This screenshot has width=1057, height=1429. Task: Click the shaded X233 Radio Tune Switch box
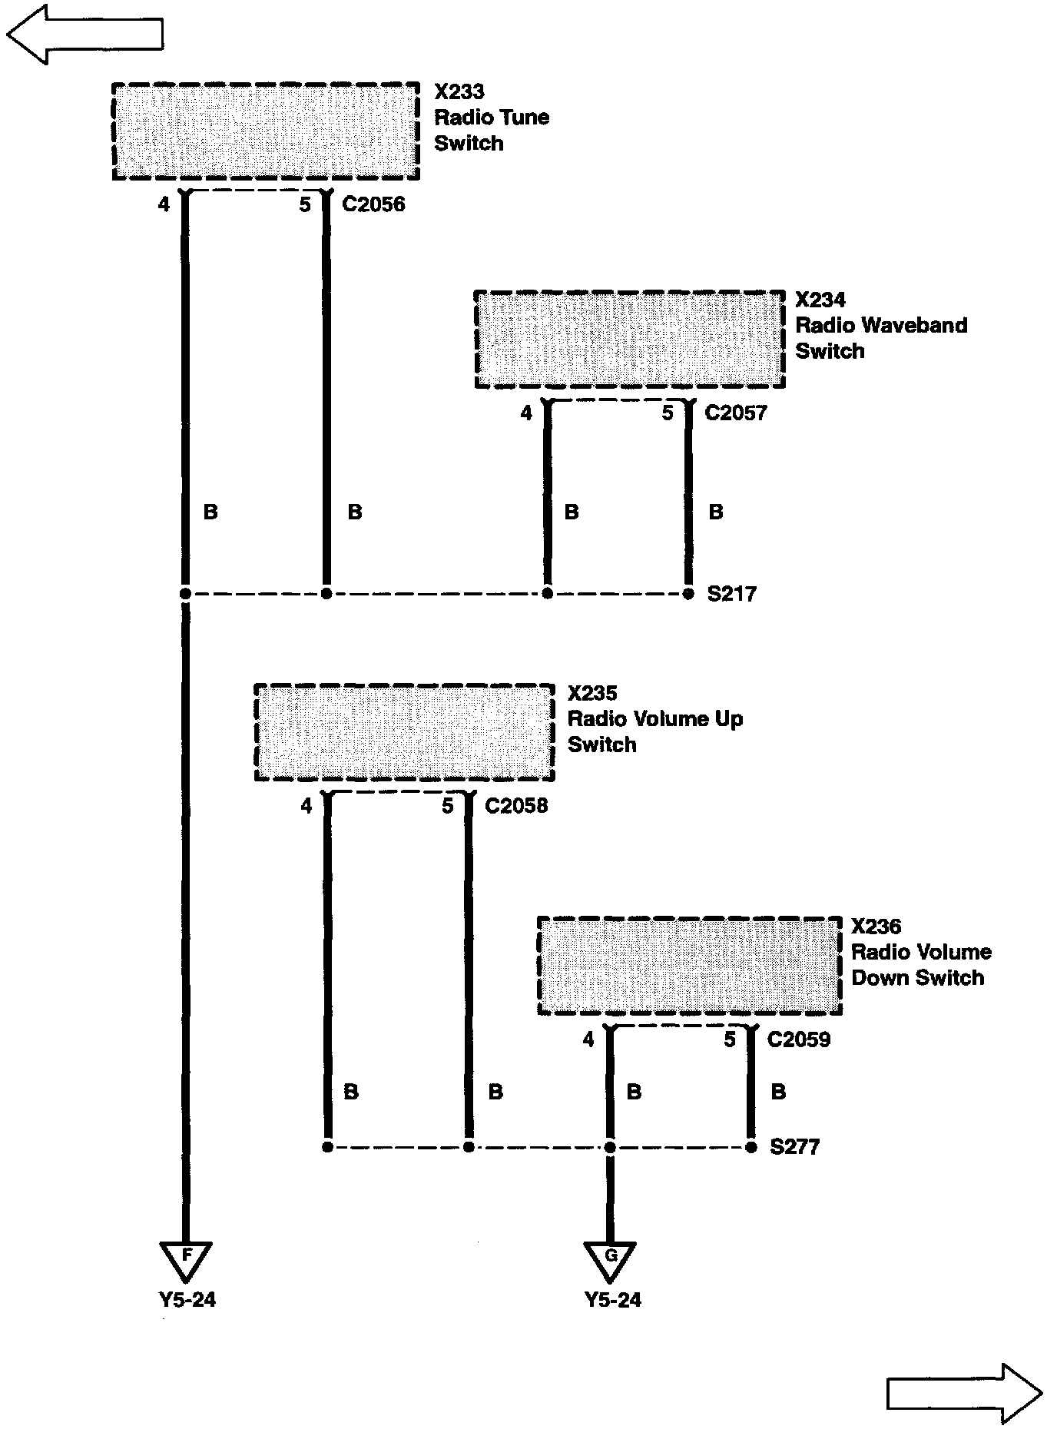point(266,131)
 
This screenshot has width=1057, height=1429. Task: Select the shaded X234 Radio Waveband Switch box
point(629,340)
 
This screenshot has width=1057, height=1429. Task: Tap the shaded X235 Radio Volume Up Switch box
point(404,732)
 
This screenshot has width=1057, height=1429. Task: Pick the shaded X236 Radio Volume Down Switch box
point(690,966)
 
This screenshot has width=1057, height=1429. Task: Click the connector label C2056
point(373,204)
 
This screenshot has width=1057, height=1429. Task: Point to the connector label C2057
point(735,413)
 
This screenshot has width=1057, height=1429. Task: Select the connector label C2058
point(516,806)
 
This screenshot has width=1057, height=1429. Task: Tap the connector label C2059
point(798,1040)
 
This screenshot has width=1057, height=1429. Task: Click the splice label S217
point(731,594)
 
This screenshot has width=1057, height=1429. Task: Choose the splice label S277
point(794,1147)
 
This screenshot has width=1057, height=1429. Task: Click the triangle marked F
point(186,1258)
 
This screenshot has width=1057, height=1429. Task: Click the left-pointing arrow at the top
point(84,34)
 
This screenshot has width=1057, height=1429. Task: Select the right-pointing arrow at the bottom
point(964,1393)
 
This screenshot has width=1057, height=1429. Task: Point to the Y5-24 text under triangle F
point(187,1300)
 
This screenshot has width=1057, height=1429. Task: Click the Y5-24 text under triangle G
point(612,1300)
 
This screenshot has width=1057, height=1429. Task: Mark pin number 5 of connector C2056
point(305,205)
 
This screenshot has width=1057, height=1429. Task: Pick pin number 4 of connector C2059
point(588,1040)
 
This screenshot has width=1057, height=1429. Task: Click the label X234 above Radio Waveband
point(820,300)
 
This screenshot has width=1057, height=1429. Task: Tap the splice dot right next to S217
point(688,594)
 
